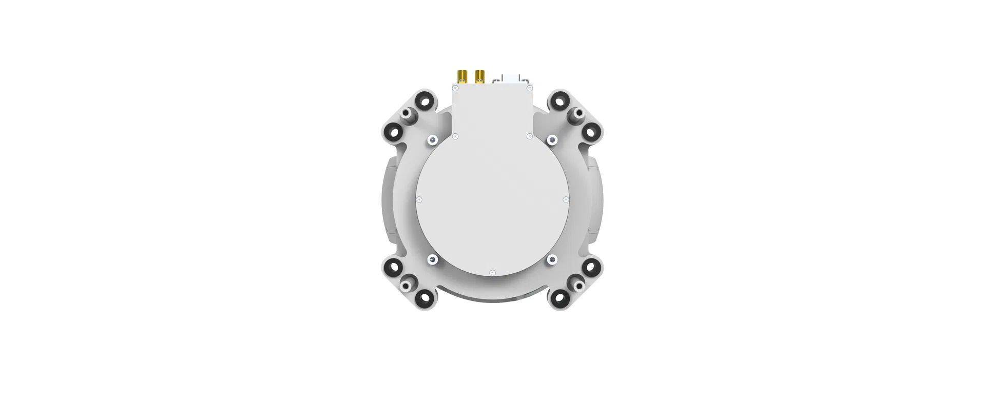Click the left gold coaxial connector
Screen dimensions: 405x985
[103, 76]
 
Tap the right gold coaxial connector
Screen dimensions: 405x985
[121, 76]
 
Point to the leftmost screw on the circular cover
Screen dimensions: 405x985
[419, 199]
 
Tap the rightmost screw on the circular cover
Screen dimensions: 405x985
[566, 199]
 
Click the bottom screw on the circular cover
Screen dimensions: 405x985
[492, 273]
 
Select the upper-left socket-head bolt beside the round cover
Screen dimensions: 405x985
[433, 139]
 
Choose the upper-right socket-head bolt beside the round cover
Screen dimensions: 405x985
[552, 139]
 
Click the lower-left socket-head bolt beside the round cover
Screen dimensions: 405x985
[433, 260]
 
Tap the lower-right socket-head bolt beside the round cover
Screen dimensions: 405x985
[552, 260]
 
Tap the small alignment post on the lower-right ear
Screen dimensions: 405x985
[577, 283]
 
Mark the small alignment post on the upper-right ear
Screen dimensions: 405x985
[577, 113]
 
